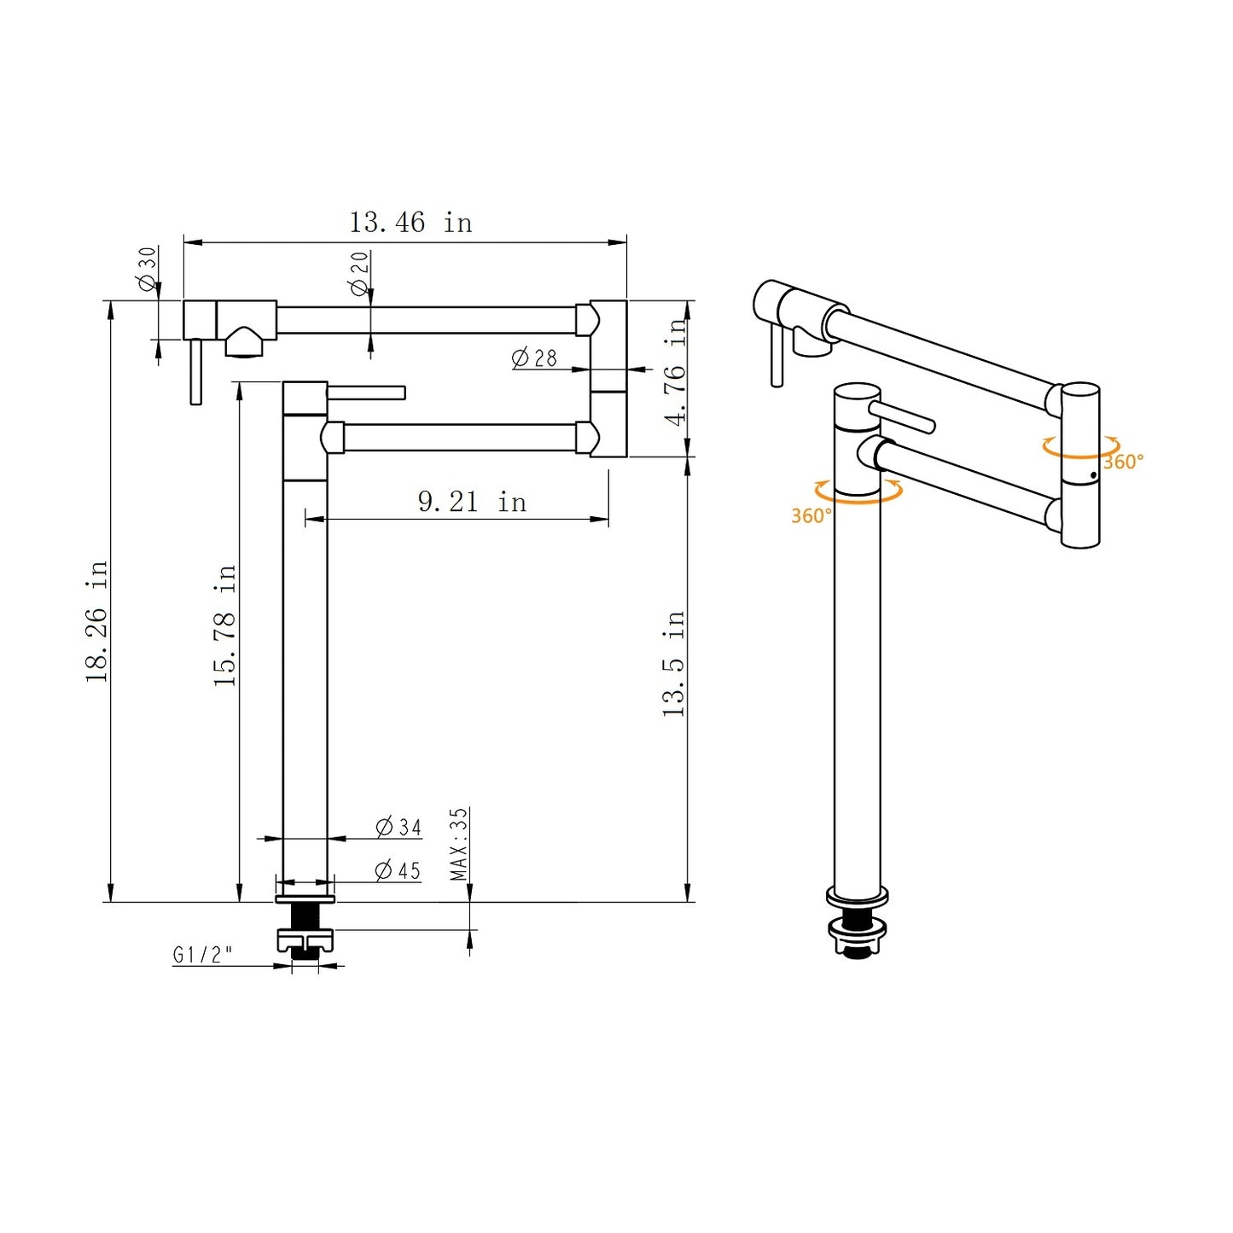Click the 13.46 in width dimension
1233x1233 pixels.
pos(410,223)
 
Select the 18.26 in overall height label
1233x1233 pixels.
pos(96,620)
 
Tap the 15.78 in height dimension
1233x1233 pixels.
pos(224,625)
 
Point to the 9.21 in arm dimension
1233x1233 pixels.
pos(472,502)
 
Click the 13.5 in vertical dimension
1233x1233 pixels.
pos(673,663)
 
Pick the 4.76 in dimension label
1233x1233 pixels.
pos(676,372)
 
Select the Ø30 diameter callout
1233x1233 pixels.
pos(148,269)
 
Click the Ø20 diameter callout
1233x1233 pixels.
pos(360,273)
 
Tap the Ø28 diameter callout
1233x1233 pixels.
pos(534,358)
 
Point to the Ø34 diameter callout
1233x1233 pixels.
pos(398,827)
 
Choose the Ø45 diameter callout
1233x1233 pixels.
pos(398,870)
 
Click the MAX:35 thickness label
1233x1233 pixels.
pos(459,844)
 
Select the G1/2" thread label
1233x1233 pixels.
pos(202,955)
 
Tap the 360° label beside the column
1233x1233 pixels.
pos(810,515)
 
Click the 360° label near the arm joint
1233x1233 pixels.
pos(1122,462)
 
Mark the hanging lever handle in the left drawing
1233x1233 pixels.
pos(196,371)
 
